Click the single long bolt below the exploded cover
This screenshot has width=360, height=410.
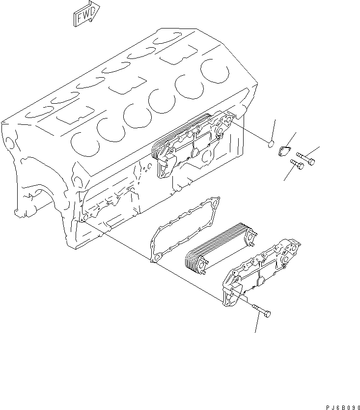[x=260, y=310]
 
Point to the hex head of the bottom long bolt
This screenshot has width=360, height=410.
[x=267, y=314]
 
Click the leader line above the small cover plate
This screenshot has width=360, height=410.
[x=291, y=140]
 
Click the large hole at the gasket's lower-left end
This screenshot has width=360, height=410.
[x=156, y=257]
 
